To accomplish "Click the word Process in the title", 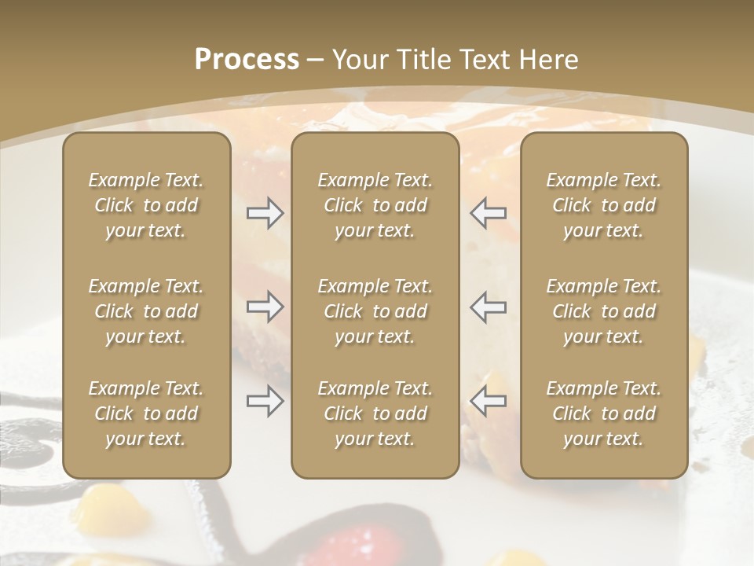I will point(247,59).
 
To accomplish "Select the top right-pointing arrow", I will point(265,213).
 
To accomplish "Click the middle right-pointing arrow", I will point(265,307).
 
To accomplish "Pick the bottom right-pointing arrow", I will point(265,402).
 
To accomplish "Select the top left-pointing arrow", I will point(489,213).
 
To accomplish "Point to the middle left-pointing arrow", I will point(489,307).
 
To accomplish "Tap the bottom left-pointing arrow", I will point(489,402).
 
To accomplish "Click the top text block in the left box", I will point(146,205).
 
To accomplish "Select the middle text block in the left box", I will point(146,311).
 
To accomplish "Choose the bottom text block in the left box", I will point(146,413).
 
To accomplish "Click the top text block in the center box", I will point(375,205).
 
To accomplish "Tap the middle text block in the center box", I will point(375,311).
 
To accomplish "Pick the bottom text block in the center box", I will point(375,413).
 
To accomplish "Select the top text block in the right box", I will point(604,205).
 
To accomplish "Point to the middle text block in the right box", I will point(604,311).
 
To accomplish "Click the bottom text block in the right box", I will point(604,413).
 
